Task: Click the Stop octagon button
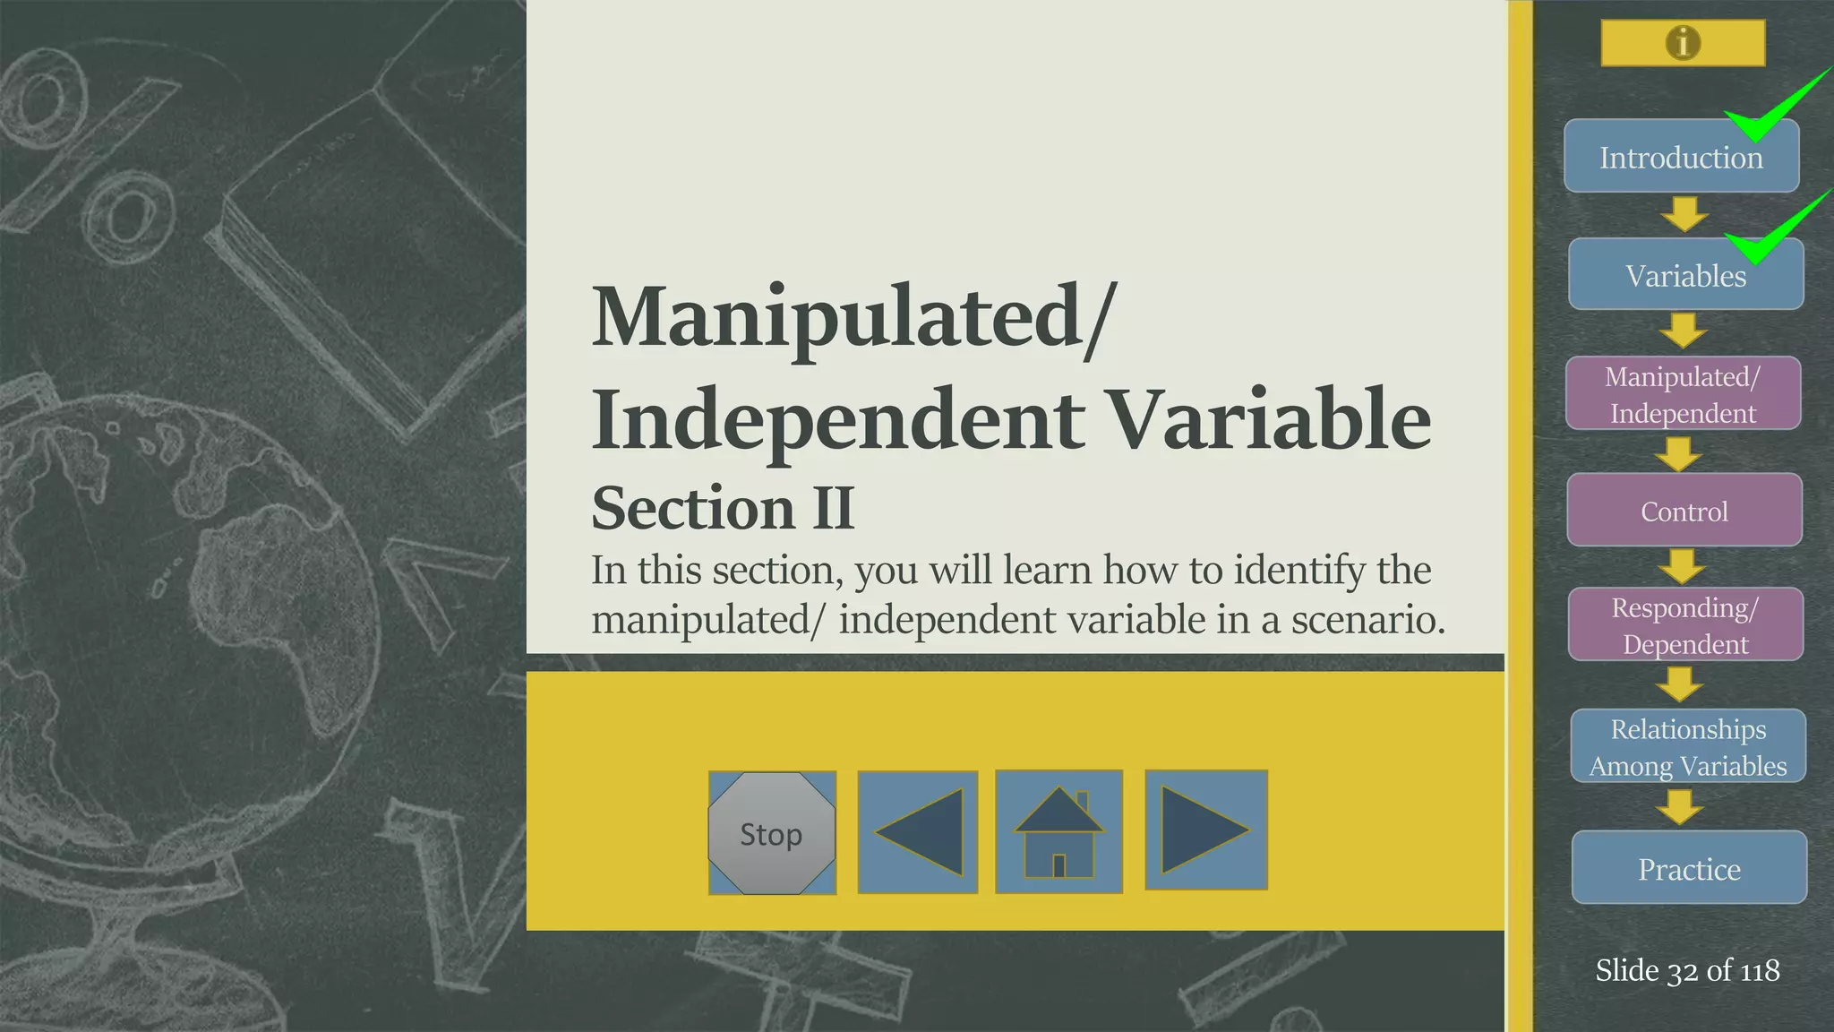771,833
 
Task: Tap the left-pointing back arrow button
918,832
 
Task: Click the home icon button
1058,832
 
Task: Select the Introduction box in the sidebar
1681,157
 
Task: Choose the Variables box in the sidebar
1685,275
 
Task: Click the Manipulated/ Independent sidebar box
1683,394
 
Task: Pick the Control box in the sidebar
1684,511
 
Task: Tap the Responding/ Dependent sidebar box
1684,625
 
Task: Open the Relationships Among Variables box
1687,747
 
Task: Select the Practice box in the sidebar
1689,868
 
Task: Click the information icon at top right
1683,42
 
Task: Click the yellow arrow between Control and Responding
1681,566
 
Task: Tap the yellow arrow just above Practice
1679,806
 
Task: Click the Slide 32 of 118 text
1687,970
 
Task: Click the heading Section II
723,508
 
